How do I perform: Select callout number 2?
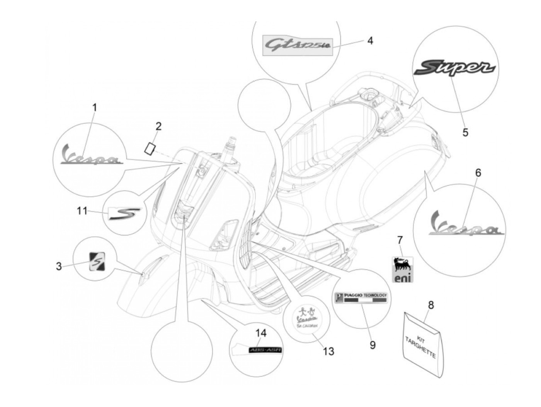coord(158,126)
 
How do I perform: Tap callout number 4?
coord(370,40)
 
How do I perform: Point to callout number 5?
coord(465,132)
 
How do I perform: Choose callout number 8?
coord(431,305)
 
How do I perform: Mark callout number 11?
coord(82,211)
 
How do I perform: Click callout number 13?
coord(328,351)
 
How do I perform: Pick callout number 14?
coord(261,333)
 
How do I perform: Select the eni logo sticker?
coord(402,269)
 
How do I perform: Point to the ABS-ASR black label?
coord(265,350)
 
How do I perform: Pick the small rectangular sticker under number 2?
coord(150,148)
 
